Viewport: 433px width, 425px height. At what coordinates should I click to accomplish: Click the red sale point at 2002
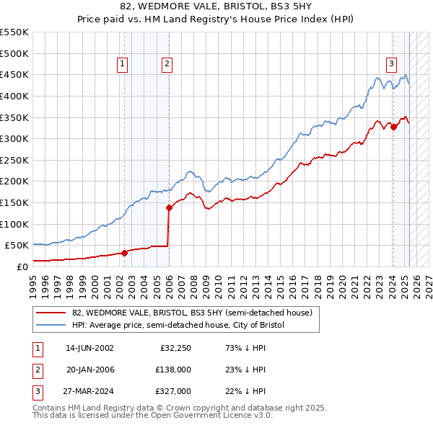click(124, 253)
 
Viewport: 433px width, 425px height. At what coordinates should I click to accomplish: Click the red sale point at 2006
click(170, 207)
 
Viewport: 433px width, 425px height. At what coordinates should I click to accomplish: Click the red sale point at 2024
click(393, 126)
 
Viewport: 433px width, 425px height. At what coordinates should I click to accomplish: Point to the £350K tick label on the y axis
click(14, 117)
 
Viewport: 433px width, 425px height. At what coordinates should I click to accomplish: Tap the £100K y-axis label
click(14, 224)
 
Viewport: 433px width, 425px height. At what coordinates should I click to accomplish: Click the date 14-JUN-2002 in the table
click(89, 348)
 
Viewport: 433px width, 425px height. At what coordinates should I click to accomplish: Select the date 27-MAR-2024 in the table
click(89, 391)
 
